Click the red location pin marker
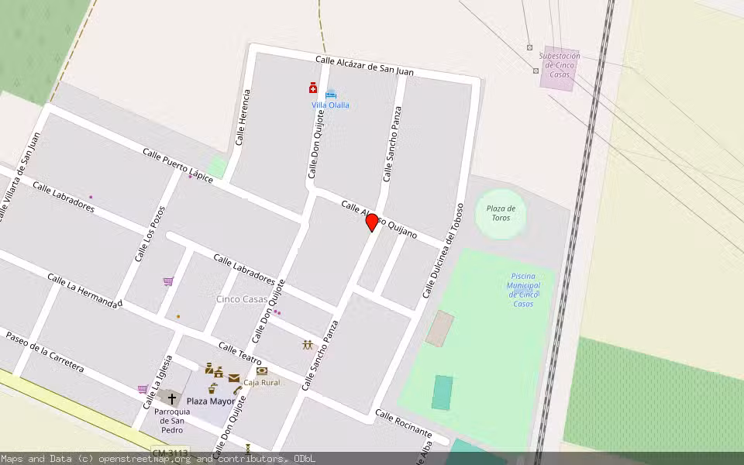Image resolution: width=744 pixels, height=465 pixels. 372,222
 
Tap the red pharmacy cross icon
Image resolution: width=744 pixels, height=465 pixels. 313,88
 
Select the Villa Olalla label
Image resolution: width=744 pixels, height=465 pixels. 330,105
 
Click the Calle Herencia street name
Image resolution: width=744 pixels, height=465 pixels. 243,118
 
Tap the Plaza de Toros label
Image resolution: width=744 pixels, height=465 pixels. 501,213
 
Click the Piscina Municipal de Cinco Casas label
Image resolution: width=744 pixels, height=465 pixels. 524,290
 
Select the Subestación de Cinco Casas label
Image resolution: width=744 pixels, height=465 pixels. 560,65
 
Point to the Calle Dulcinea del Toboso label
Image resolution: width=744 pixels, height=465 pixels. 443,251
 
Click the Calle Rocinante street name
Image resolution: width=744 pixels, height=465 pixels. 403,422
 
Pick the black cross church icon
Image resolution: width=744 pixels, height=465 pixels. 172,399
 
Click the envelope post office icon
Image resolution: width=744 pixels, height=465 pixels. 233,378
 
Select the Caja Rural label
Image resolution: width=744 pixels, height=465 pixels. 261,382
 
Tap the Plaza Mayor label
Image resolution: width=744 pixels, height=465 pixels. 210,401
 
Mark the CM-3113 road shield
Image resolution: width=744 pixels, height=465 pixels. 170,453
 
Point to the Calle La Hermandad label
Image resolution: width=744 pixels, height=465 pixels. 84,291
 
